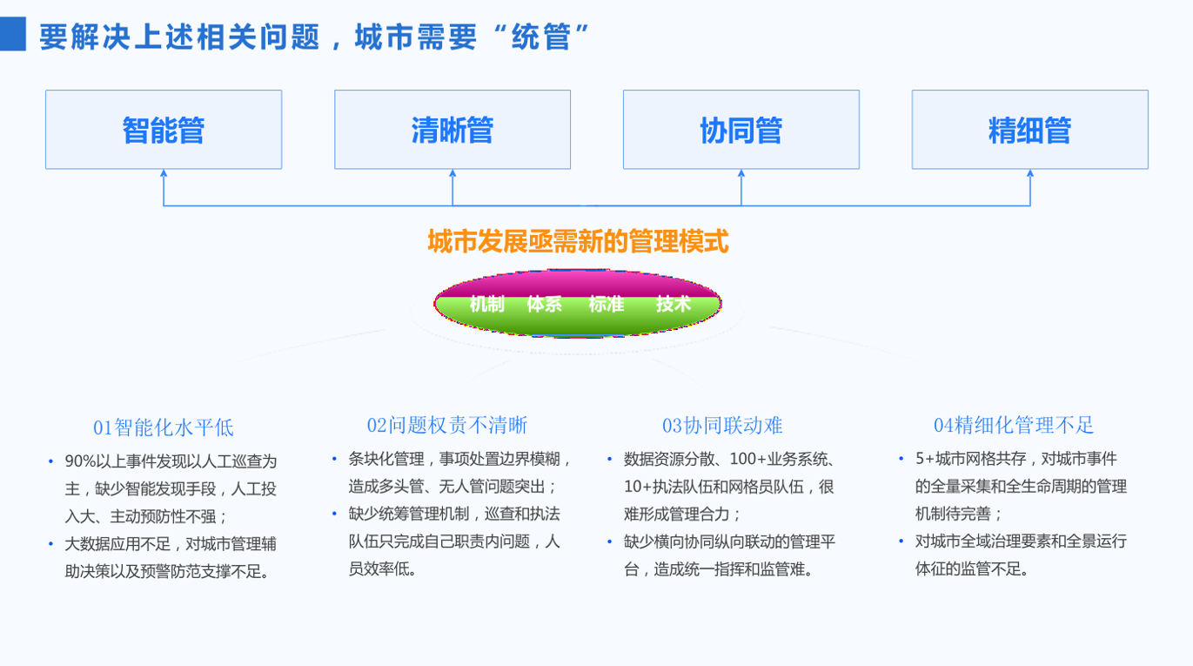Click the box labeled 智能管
pyautogui.click(x=164, y=130)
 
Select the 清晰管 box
pyautogui.click(x=452, y=130)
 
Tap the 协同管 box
pyautogui.click(x=741, y=130)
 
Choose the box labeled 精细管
pyautogui.click(x=1030, y=130)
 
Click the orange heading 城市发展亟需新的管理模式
pyautogui.click(x=578, y=241)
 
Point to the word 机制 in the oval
pyautogui.click(x=486, y=304)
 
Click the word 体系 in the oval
pyautogui.click(x=545, y=304)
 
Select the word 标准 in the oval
pyautogui.click(x=607, y=304)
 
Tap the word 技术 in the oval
pyautogui.click(x=674, y=304)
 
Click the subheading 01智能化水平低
pyautogui.click(x=164, y=427)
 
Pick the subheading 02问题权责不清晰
pyautogui.click(x=447, y=425)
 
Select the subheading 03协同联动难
pyautogui.click(x=722, y=426)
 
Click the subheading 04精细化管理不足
pyautogui.click(x=1014, y=425)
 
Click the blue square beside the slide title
pyautogui.click(x=13, y=34)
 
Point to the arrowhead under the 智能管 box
pyautogui.click(x=164, y=173)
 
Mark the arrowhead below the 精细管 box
pyautogui.click(x=1030, y=173)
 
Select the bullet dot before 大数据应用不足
pyautogui.click(x=51, y=544)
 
